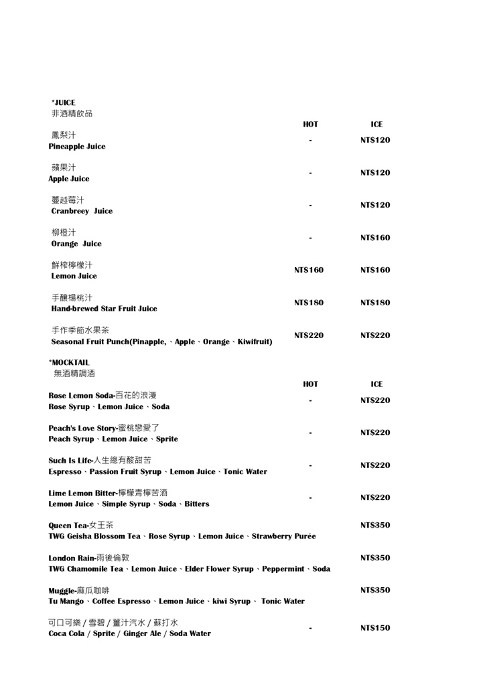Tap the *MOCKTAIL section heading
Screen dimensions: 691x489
pyautogui.click(x=69, y=362)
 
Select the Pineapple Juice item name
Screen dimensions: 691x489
pyautogui.click(x=77, y=147)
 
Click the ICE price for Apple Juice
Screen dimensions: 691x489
pyautogui.click(x=375, y=173)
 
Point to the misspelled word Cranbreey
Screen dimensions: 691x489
pyautogui.click(x=70, y=212)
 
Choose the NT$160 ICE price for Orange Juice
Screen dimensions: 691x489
pyautogui.click(x=375, y=238)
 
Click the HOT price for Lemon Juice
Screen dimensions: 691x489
pyautogui.click(x=309, y=271)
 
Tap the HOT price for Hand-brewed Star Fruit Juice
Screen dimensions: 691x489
pyautogui.click(x=309, y=303)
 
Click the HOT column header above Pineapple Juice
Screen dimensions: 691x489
pyautogui.click(x=310, y=125)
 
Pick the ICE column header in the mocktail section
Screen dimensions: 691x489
pyautogui.click(x=376, y=384)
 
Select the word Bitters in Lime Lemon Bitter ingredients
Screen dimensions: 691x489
pyautogui.click(x=194, y=504)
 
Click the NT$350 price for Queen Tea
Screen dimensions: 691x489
pyautogui.click(x=375, y=526)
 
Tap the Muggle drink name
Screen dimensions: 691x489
pyautogui.click(x=62, y=591)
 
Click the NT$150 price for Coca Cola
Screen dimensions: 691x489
pyautogui.click(x=375, y=628)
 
